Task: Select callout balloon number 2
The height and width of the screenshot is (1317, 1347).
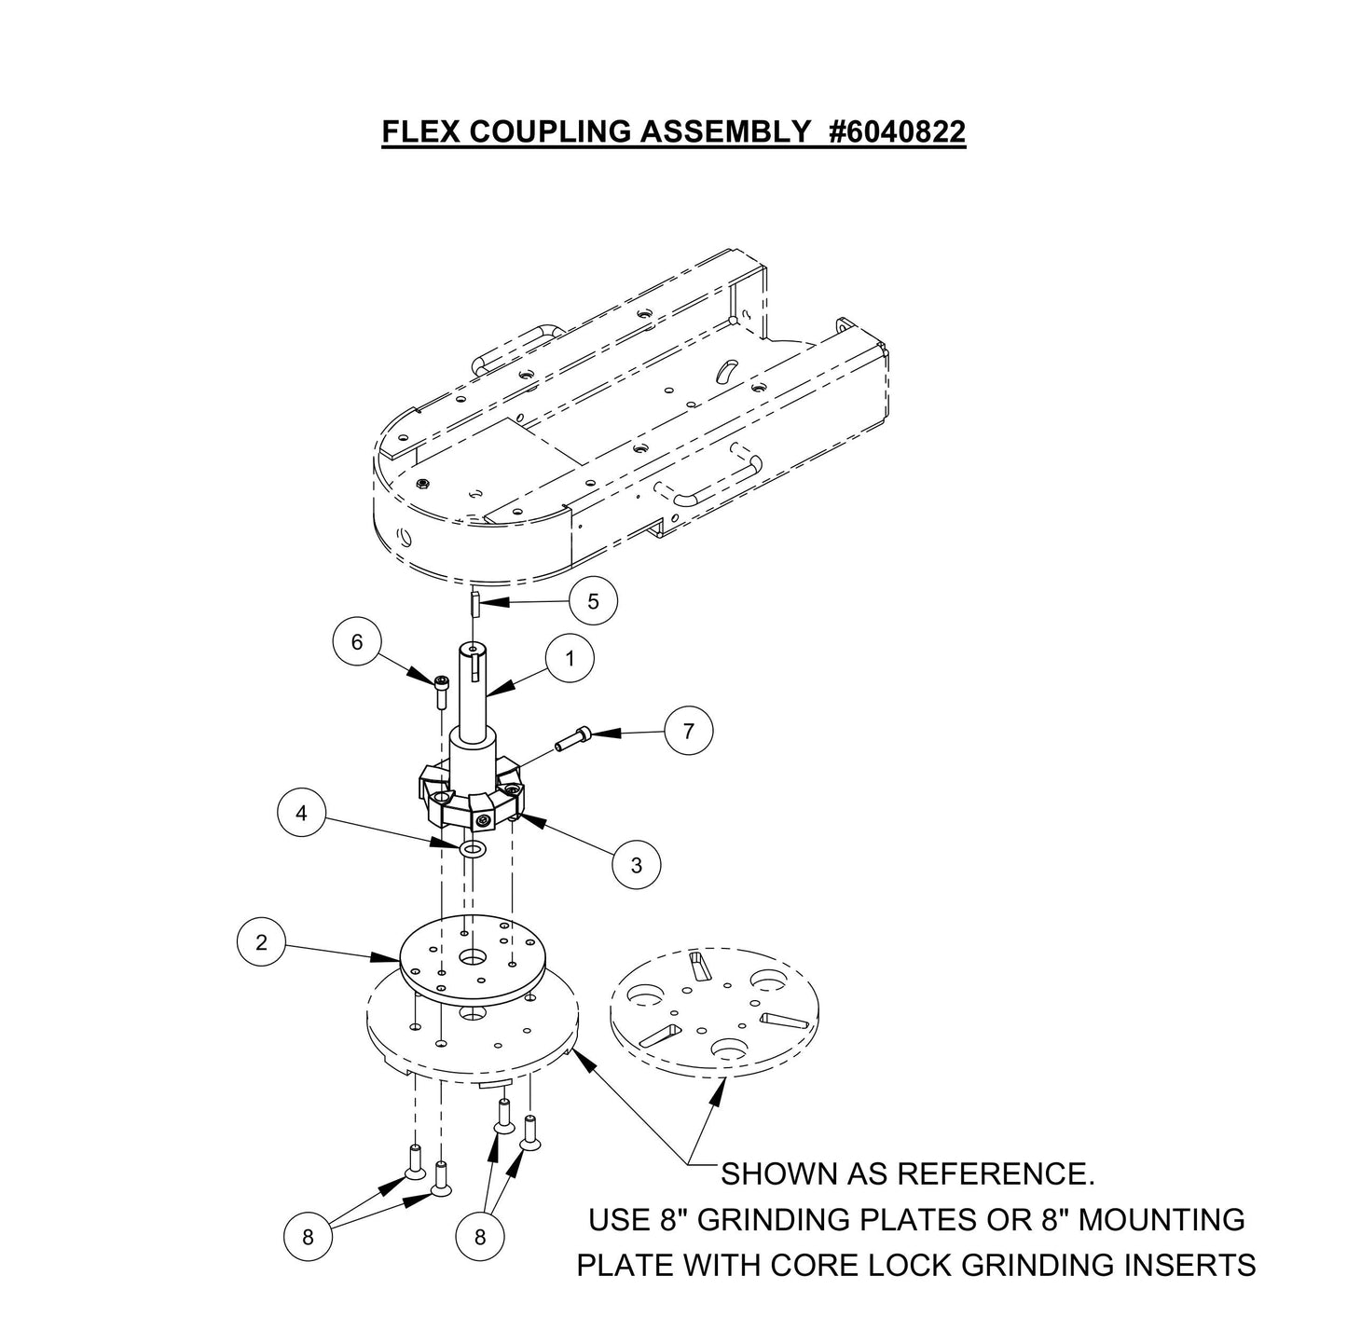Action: click(x=262, y=941)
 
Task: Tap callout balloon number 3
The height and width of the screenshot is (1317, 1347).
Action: click(x=637, y=865)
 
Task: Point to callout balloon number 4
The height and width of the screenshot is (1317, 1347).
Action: click(x=301, y=814)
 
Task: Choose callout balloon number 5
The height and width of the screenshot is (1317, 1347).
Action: click(x=594, y=601)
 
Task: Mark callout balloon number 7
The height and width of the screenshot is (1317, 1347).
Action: click(x=689, y=731)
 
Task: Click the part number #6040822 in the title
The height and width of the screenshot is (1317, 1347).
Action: click(x=897, y=132)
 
